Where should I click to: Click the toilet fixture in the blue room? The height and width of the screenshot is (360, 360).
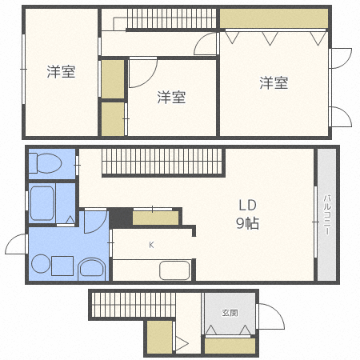[x=46, y=163]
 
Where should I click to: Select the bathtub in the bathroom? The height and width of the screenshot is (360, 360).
[x=42, y=203]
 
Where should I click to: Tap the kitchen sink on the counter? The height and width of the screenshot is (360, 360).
[x=174, y=270]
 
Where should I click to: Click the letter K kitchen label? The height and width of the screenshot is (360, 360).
[x=151, y=245]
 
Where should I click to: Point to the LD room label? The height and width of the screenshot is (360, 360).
[x=247, y=206]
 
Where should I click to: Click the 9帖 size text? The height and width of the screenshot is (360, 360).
[x=247, y=223]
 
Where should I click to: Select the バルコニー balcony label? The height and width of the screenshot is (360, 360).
[x=327, y=215]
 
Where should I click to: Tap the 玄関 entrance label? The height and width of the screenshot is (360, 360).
[x=230, y=313]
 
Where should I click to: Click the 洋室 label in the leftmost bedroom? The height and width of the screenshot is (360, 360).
[x=61, y=71]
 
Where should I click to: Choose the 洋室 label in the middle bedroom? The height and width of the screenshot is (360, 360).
[x=171, y=97]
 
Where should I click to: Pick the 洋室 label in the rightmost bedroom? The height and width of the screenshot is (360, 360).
[x=274, y=82]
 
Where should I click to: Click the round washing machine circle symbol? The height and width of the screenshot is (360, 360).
[x=41, y=263]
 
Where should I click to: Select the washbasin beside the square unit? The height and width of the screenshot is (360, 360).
[x=91, y=267]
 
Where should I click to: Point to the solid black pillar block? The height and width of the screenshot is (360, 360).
[x=121, y=218]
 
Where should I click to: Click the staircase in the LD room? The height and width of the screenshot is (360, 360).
[x=162, y=162]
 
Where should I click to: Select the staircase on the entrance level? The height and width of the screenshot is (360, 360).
[x=134, y=305]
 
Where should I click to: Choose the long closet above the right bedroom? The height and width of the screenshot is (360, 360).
[x=274, y=18]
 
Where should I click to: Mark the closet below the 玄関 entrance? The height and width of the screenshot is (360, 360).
[x=230, y=346]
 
